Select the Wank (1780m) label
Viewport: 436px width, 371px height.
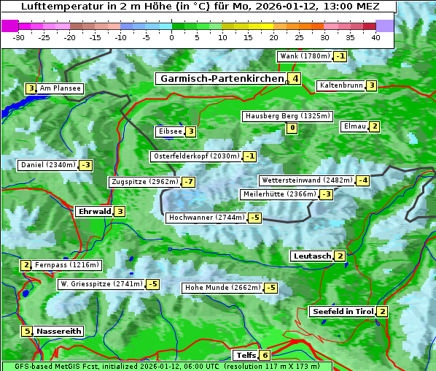coord(305,56)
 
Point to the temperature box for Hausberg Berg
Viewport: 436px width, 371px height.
coord(292,129)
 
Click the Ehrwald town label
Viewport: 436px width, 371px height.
coord(94,212)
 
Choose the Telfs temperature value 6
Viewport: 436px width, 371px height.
coord(265,356)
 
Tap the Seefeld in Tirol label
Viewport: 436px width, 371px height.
coord(343,312)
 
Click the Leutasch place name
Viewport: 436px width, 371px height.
coord(311,256)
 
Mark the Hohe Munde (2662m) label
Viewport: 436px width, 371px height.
coord(222,288)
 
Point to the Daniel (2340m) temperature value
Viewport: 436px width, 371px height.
coord(86,165)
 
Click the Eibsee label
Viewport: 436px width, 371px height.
coord(169,131)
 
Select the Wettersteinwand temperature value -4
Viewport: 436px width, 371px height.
coord(363,180)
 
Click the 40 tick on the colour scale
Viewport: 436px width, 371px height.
coord(375,37)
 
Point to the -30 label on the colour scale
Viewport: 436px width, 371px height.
coord(19,37)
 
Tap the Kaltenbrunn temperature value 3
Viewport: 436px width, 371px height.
coord(371,85)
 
